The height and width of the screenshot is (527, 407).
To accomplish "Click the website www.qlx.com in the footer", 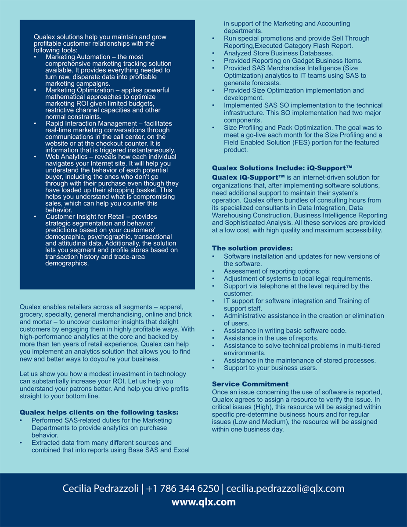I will click(x=203, y=502).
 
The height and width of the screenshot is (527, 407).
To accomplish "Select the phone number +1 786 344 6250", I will click(x=183, y=488).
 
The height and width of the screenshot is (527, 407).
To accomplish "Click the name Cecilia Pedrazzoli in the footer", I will click(x=101, y=488).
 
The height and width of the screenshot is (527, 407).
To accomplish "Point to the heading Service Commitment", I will click(x=250, y=384).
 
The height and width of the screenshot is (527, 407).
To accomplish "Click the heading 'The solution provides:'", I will click(x=252, y=249).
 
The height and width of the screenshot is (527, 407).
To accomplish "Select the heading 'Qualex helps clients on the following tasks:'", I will click(x=99, y=412).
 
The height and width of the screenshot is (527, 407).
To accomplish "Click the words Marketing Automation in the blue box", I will click(x=78, y=57).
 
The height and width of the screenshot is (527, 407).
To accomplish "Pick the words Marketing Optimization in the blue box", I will click(x=79, y=90).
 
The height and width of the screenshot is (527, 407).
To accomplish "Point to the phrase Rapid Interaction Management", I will click(x=91, y=124).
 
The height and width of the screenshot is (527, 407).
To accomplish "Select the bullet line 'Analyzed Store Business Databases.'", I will click(x=278, y=53).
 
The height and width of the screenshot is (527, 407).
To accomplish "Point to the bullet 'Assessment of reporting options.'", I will click(x=272, y=271).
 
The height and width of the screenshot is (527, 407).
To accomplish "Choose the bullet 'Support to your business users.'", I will click(x=270, y=368).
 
